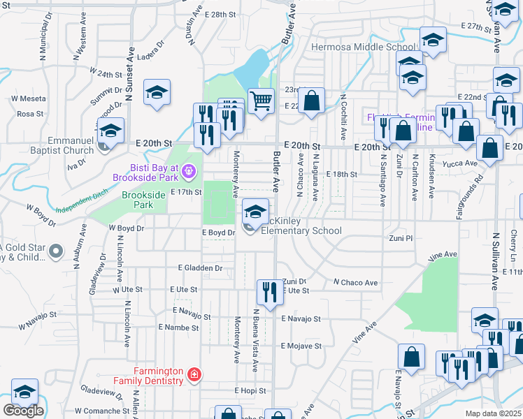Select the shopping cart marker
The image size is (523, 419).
tap(261, 101)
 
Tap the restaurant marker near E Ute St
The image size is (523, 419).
tap(269, 292)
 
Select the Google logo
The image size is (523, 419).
tap(23, 411)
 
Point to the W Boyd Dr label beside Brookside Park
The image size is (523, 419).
tap(126, 228)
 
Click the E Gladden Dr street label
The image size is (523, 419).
tap(200, 267)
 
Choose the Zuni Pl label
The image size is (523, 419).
tap(401, 238)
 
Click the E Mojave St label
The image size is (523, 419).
tap(301, 346)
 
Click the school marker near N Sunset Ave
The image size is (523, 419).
tap(157, 93)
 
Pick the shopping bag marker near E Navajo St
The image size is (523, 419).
tap(412, 357)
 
